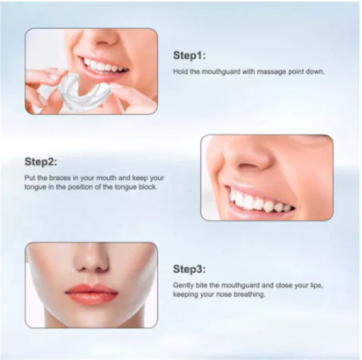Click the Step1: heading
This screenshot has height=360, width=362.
[190, 56]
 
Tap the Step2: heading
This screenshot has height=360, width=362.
[41, 162]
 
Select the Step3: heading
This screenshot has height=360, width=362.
[190, 270]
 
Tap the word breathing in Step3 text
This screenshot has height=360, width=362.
[252, 294]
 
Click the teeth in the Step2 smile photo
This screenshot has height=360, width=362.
[258, 202]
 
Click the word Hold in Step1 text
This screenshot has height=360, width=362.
[180, 71]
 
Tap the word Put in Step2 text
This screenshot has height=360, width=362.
[29, 178]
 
